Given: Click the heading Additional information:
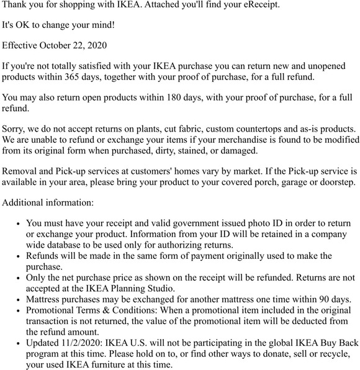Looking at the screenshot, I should pos(48,202).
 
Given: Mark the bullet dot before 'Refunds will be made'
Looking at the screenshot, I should pos(19,256).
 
